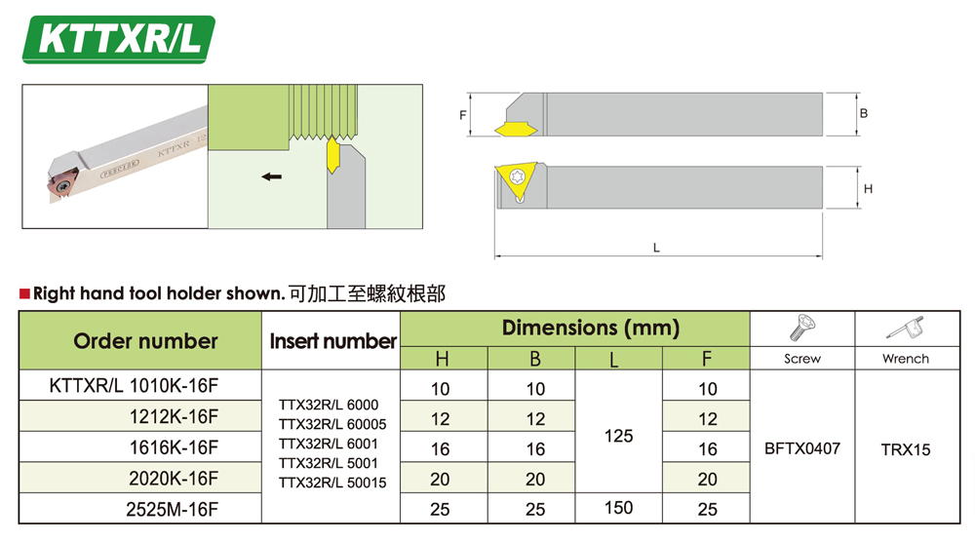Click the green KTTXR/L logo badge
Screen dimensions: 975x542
pyautogui.click(x=119, y=39)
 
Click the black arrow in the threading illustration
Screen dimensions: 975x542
pyautogui.click(x=272, y=176)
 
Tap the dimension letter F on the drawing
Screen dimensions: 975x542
pyautogui.click(x=462, y=115)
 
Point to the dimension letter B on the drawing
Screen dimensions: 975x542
pyautogui.click(x=864, y=113)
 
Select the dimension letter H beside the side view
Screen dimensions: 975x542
pyautogui.click(x=868, y=189)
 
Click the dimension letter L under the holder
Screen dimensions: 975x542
pyautogui.click(x=656, y=248)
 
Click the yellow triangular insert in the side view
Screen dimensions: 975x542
pyautogui.click(x=516, y=181)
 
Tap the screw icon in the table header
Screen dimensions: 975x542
pyautogui.click(x=802, y=328)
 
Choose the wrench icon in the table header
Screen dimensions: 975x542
pyautogui.click(x=906, y=329)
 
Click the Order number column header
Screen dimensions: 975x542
pyautogui.click(x=145, y=340)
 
